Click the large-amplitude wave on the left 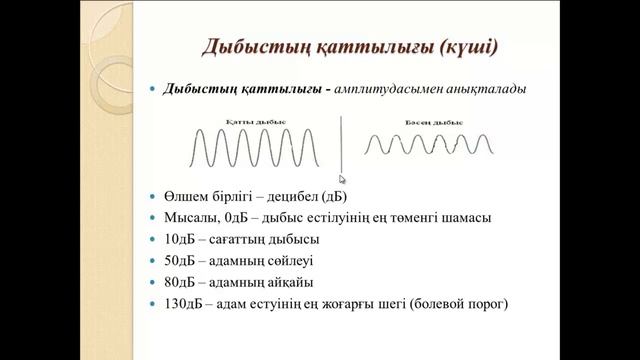(x=257, y=149)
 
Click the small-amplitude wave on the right (x=428, y=145)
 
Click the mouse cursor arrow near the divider (x=343, y=181)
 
